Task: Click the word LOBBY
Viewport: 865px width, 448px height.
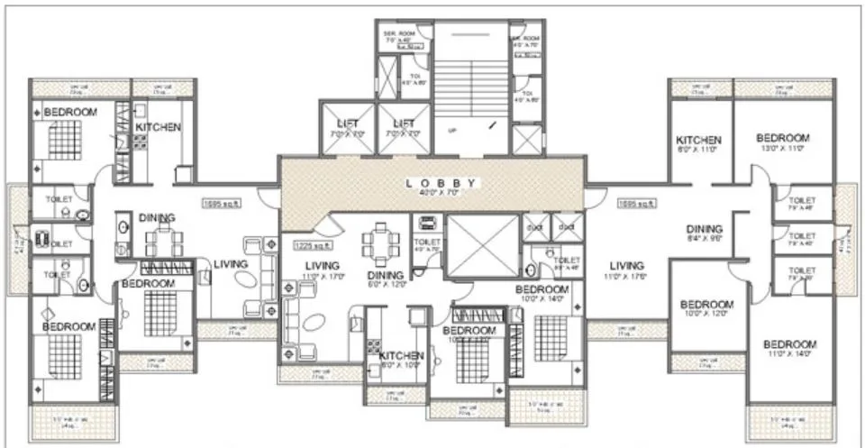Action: click(x=440, y=181)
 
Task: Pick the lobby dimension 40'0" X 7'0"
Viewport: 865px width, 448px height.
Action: click(x=440, y=192)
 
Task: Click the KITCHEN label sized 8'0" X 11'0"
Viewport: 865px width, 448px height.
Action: click(x=699, y=141)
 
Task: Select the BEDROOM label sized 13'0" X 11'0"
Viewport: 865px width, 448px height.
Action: click(x=782, y=138)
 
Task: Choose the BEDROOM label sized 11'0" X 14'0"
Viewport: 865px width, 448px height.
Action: click(x=789, y=344)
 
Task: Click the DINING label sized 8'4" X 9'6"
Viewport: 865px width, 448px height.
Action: click(x=706, y=229)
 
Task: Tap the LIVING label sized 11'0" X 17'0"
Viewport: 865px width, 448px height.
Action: click(x=322, y=266)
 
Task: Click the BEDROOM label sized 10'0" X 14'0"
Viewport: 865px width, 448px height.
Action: click(x=542, y=289)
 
